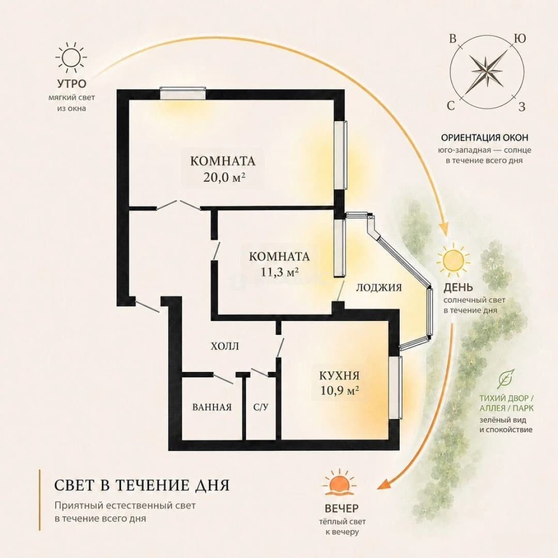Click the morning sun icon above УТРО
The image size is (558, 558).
[x=71, y=57]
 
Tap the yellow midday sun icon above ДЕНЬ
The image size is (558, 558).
[x=453, y=259]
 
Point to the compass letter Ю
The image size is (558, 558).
[x=520, y=38]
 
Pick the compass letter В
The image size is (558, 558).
[x=453, y=38]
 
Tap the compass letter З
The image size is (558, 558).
[x=522, y=106]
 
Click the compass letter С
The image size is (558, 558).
[x=451, y=106]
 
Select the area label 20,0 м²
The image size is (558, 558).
[x=225, y=177]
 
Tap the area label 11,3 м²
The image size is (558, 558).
[x=280, y=272]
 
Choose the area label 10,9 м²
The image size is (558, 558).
[x=339, y=391]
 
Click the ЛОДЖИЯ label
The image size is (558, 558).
[x=379, y=288]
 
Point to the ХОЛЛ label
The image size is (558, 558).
[x=225, y=346]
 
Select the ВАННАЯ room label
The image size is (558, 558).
[x=212, y=407]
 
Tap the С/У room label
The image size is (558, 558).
[x=261, y=407]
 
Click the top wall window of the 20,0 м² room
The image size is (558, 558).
[x=182, y=93]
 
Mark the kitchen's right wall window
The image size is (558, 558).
[x=395, y=388]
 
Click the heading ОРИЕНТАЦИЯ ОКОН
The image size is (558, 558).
[x=485, y=137]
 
